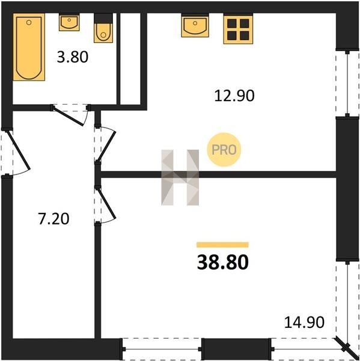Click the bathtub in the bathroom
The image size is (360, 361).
(29, 47)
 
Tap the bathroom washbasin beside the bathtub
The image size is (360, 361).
(69, 22)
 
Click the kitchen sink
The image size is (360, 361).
(195, 25)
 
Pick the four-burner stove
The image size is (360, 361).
(238, 29)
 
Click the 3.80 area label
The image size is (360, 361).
(73, 57)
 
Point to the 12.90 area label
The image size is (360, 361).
(234, 96)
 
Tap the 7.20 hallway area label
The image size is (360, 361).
(53, 219)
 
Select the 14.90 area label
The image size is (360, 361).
(304, 322)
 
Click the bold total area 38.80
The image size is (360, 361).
(222, 263)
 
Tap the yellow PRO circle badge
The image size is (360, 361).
(224, 150)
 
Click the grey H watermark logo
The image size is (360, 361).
(180, 177)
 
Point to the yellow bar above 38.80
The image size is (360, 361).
(222, 245)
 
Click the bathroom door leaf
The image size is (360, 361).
(68, 116)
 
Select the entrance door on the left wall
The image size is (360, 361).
(18, 150)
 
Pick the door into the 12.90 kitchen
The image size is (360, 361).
(106, 145)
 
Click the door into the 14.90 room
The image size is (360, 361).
(106, 203)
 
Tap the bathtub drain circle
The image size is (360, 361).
(29, 22)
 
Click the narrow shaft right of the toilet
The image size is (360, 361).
(130, 59)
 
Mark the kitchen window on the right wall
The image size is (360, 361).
(347, 84)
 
